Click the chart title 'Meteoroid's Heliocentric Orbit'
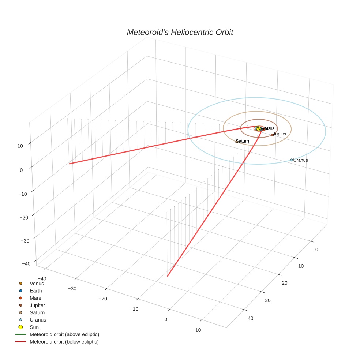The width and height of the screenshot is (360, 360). pyautogui.click(x=180, y=33)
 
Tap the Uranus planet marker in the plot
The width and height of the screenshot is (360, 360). pyautogui.click(x=291, y=160)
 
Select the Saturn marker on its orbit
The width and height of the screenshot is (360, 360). pyautogui.click(x=237, y=142)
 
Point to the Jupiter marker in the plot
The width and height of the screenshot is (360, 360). pyautogui.click(x=272, y=135)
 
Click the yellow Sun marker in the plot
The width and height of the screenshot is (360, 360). pyautogui.click(x=259, y=129)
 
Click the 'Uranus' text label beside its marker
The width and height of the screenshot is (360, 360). pyautogui.click(x=301, y=160)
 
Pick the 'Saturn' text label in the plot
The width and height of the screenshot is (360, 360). pyautogui.click(x=243, y=141)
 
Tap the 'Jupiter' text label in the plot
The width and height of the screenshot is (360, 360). pyautogui.click(x=280, y=134)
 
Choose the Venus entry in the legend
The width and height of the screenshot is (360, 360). pyautogui.click(x=37, y=283)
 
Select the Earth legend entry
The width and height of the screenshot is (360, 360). pyautogui.click(x=36, y=291)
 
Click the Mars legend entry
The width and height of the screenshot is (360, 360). pyautogui.click(x=35, y=298)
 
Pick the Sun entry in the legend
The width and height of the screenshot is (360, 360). pyautogui.click(x=34, y=327)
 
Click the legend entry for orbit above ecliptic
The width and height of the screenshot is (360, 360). pyautogui.click(x=64, y=334)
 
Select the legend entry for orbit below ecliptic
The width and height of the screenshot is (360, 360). pyautogui.click(x=64, y=342)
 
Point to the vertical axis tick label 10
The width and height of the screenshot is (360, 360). pyautogui.click(x=20, y=146)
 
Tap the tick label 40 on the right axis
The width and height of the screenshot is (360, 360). pyautogui.click(x=250, y=318)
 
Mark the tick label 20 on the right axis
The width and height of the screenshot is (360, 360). pyautogui.click(x=285, y=283)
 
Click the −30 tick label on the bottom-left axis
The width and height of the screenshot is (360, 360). pyautogui.click(x=72, y=288)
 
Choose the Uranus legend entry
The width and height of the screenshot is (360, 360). pyautogui.click(x=38, y=320)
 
